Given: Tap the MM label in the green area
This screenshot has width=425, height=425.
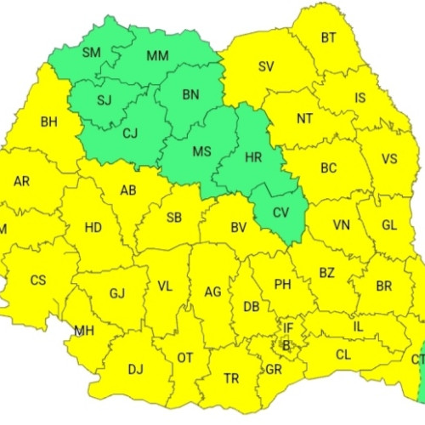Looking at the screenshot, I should click(157, 57).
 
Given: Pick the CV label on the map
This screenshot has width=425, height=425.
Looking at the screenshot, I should click(280, 212).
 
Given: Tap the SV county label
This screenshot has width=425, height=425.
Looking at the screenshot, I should click(266, 66).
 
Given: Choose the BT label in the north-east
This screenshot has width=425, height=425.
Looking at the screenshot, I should click(328, 37).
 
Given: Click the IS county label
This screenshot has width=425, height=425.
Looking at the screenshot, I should click(360, 99).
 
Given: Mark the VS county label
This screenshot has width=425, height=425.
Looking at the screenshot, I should click(389, 158).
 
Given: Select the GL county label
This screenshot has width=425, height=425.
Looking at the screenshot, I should click(389, 224).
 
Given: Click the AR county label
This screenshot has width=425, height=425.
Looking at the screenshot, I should click(22, 180).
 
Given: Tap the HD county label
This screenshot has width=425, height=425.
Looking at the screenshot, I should click(93, 227).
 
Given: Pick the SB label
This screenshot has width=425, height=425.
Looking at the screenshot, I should click(173, 217).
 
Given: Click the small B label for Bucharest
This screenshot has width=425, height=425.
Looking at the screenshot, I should click(286, 345).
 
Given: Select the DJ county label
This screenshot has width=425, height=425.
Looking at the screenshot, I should click(135, 369).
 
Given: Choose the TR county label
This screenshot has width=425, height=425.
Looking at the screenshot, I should click(230, 378).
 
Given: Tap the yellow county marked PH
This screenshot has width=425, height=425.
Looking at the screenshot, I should click(282, 284).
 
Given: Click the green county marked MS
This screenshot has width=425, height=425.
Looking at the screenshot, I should click(201, 151).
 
